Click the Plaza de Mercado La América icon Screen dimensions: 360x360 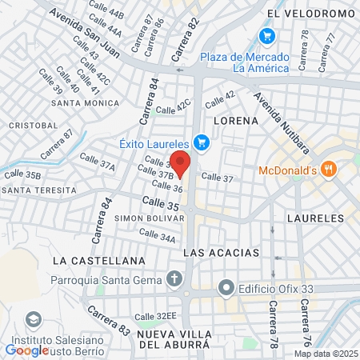click(267, 36)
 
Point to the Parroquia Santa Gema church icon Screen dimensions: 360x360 click(174, 279)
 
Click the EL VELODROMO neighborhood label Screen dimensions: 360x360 click(311, 14)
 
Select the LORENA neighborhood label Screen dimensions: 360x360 click(236, 120)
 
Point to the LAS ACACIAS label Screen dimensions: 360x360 click(222, 252)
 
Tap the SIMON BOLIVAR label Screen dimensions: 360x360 click(145, 218)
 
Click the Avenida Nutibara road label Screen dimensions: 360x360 click(275, 112)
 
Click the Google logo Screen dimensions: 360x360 click(27, 350)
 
